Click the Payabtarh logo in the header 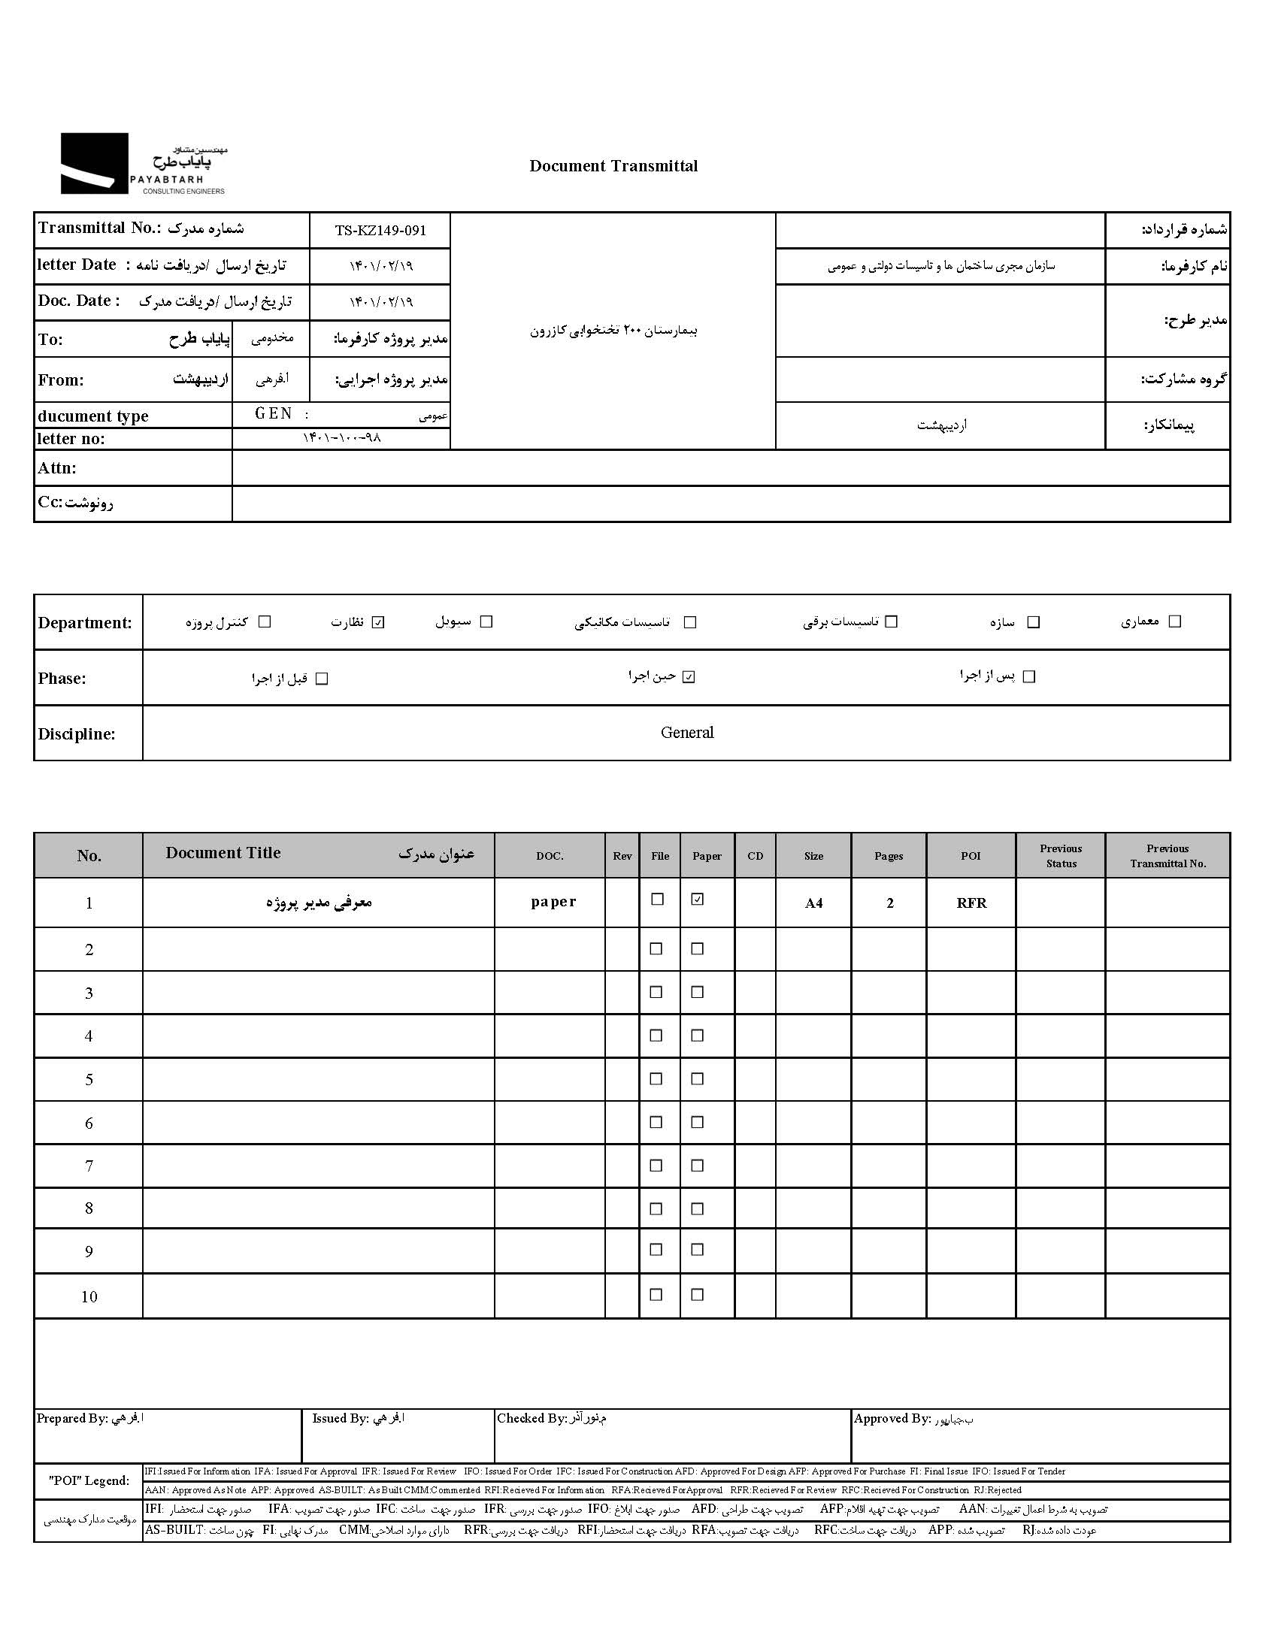coord(143,164)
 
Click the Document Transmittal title coord(613,167)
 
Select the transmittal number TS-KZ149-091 coord(380,231)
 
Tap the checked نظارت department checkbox coord(378,622)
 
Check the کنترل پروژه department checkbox coord(265,622)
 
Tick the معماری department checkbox coord(1174,621)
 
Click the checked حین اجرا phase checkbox coord(688,677)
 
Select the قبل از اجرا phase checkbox coord(322,679)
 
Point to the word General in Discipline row coord(686,732)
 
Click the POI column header coord(971,856)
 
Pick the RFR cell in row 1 coord(971,903)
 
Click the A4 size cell coord(814,903)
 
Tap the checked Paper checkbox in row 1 coord(698,900)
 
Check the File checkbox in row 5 coord(656,1079)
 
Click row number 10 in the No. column coord(89,1297)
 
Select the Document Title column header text coord(223,853)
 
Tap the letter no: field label coord(71,439)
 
